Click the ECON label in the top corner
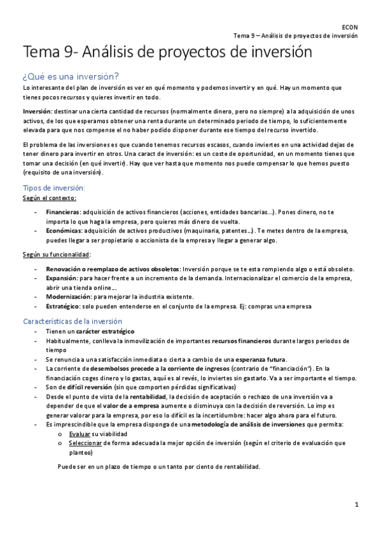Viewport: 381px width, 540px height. (x=350, y=27)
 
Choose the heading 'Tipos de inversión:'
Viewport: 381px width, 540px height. (x=53, y=188)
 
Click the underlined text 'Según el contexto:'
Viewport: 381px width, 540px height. (x=48, y=198)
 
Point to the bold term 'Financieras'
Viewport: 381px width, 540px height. (x=63, y=211)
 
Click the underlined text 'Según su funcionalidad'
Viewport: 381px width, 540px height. (x=55, y=254)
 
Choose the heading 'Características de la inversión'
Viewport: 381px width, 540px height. (x=72, y=321)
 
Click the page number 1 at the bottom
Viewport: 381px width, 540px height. (x=357, y=504)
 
